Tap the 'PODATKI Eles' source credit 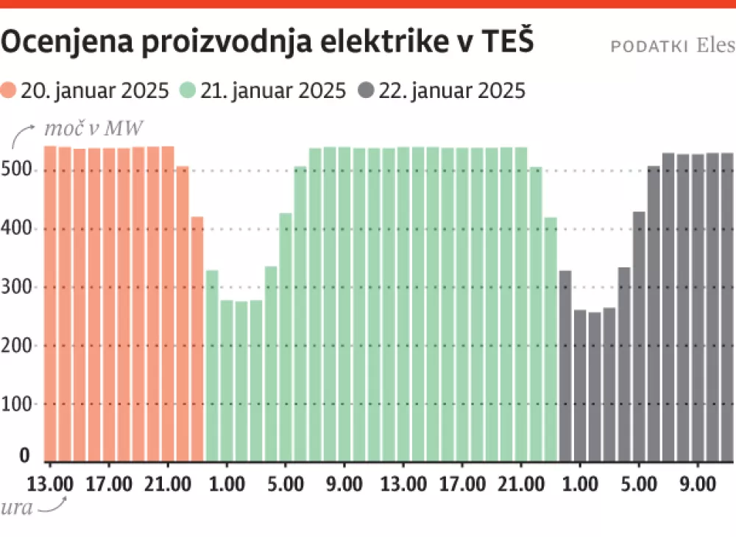(x=672, y=46)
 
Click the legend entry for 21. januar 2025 (x=262, y=91)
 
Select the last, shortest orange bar (x=197, y=340)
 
